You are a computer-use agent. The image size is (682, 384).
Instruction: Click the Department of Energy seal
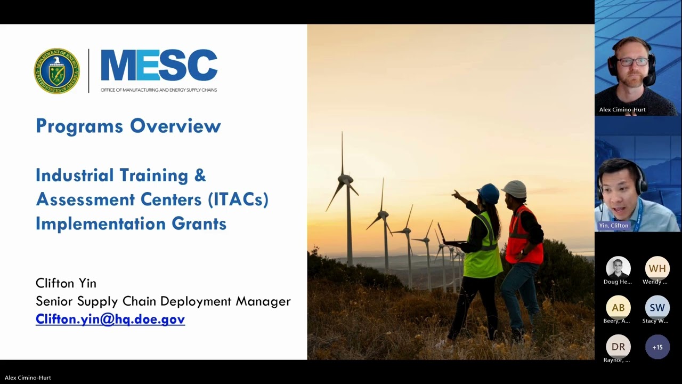pos(56,71)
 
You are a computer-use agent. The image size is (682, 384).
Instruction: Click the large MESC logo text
pos(159,66)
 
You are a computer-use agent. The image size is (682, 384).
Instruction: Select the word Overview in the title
pos(175,126)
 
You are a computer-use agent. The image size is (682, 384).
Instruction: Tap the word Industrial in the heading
pos(75,175)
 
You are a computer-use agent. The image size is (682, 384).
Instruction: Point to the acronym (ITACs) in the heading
pos(238,199)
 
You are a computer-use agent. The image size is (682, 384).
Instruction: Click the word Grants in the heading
pos(199,223)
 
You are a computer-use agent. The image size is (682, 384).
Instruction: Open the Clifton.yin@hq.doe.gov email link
pos(110,319)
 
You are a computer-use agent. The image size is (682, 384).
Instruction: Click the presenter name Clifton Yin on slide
pos(66,283)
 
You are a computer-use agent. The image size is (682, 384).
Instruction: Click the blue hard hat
pos(489,193)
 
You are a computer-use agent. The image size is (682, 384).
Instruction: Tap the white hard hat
pos(515,189)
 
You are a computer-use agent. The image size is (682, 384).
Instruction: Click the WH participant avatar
pos(657,268)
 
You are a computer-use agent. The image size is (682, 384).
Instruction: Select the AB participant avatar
pos(618,308)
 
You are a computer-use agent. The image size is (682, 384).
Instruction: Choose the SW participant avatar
pos(657,308)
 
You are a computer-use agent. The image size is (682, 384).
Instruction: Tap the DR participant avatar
pos(618,347)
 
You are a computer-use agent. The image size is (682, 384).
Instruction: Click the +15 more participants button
pos(657,347)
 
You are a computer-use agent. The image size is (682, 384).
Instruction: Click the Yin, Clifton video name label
pos(613,226)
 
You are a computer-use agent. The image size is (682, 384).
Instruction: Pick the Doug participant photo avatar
pos(618,268)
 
